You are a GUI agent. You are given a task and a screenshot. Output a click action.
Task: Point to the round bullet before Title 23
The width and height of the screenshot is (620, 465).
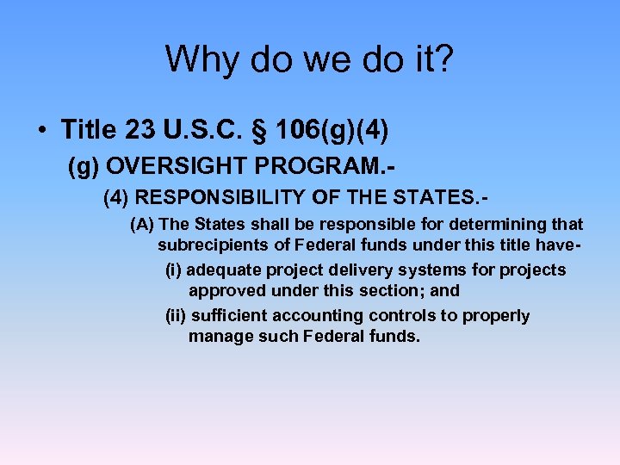tap(41, 131)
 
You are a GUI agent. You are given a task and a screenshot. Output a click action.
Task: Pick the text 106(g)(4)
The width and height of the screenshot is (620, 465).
tap(322, 131)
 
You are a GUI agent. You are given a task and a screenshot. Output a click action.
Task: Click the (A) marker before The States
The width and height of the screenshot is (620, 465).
tap(143, 225)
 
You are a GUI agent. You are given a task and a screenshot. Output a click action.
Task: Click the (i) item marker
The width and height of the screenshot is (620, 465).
tap(173, 270)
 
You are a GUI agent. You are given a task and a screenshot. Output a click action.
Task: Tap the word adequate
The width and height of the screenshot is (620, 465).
tap(221, 270)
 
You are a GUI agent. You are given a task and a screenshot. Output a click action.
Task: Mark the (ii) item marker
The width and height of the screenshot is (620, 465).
tap(176, 316)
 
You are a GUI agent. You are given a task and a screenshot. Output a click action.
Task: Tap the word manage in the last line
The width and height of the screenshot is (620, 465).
tap(217, 337)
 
